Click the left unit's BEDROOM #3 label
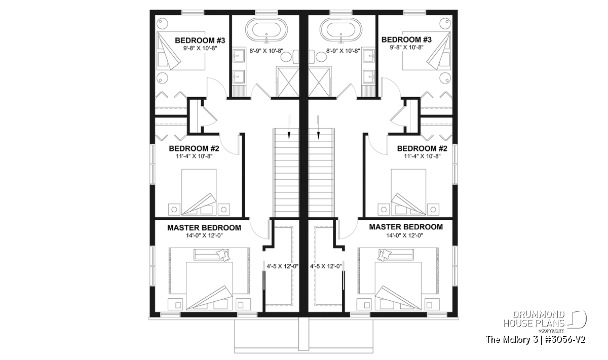click(200, 41)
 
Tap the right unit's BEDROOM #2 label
click(422, 148)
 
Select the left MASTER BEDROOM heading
click(204, 228)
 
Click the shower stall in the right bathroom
click(320, 82)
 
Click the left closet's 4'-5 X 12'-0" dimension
click(283, 266)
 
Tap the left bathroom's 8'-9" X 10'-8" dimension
click(267, 51)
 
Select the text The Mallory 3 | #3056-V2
click(536, 340)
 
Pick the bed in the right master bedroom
click(398, 286)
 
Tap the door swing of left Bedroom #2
click(230, 145)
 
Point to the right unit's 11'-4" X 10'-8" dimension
click(422, 156)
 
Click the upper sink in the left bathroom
click(239, 56)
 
